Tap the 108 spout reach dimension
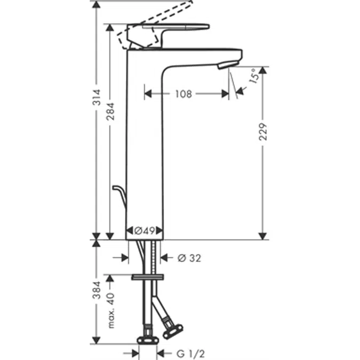[x=183, y=94]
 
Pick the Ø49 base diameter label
[x=144, y=231]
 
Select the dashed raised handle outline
[x=160, y=13]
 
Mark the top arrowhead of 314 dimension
[x=96, y=4]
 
